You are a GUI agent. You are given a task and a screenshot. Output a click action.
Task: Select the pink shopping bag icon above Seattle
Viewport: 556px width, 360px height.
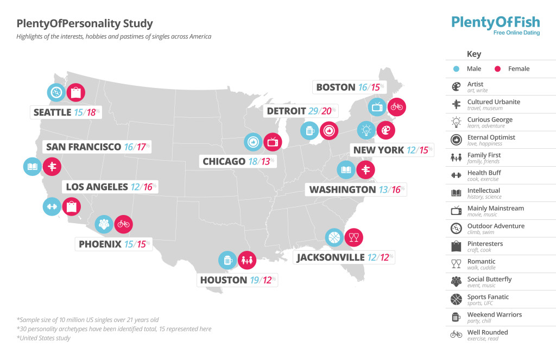click(75, 92)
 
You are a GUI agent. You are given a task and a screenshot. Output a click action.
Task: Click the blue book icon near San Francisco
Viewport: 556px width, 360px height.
click(32, 167)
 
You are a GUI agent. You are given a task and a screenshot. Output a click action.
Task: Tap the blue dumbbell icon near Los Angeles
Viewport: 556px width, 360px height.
click(52, 206)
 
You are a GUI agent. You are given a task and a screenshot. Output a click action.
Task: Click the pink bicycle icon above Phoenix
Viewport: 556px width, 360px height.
click(123, 224)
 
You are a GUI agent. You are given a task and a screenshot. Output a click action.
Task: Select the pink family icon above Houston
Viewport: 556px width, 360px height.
click(248, 260)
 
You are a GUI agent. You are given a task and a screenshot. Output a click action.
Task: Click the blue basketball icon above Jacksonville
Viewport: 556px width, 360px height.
click(334, 237)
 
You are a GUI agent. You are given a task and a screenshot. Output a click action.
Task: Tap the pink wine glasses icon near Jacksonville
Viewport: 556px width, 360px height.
click(354, 237)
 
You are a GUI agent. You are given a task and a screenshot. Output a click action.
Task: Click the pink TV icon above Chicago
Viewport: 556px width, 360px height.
click(273, 142)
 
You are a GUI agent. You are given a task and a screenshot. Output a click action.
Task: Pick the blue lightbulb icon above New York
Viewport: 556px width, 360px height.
click(366, 130)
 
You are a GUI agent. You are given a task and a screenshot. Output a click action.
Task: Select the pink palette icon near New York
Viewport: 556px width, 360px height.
click(386, 130)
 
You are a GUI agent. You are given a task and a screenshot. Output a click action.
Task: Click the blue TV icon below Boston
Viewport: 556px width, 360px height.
click(377, 106)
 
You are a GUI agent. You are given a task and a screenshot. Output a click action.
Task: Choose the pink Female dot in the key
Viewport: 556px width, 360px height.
click(497, 69)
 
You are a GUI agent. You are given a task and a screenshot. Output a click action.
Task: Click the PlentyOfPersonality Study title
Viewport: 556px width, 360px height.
click(85, 24)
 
